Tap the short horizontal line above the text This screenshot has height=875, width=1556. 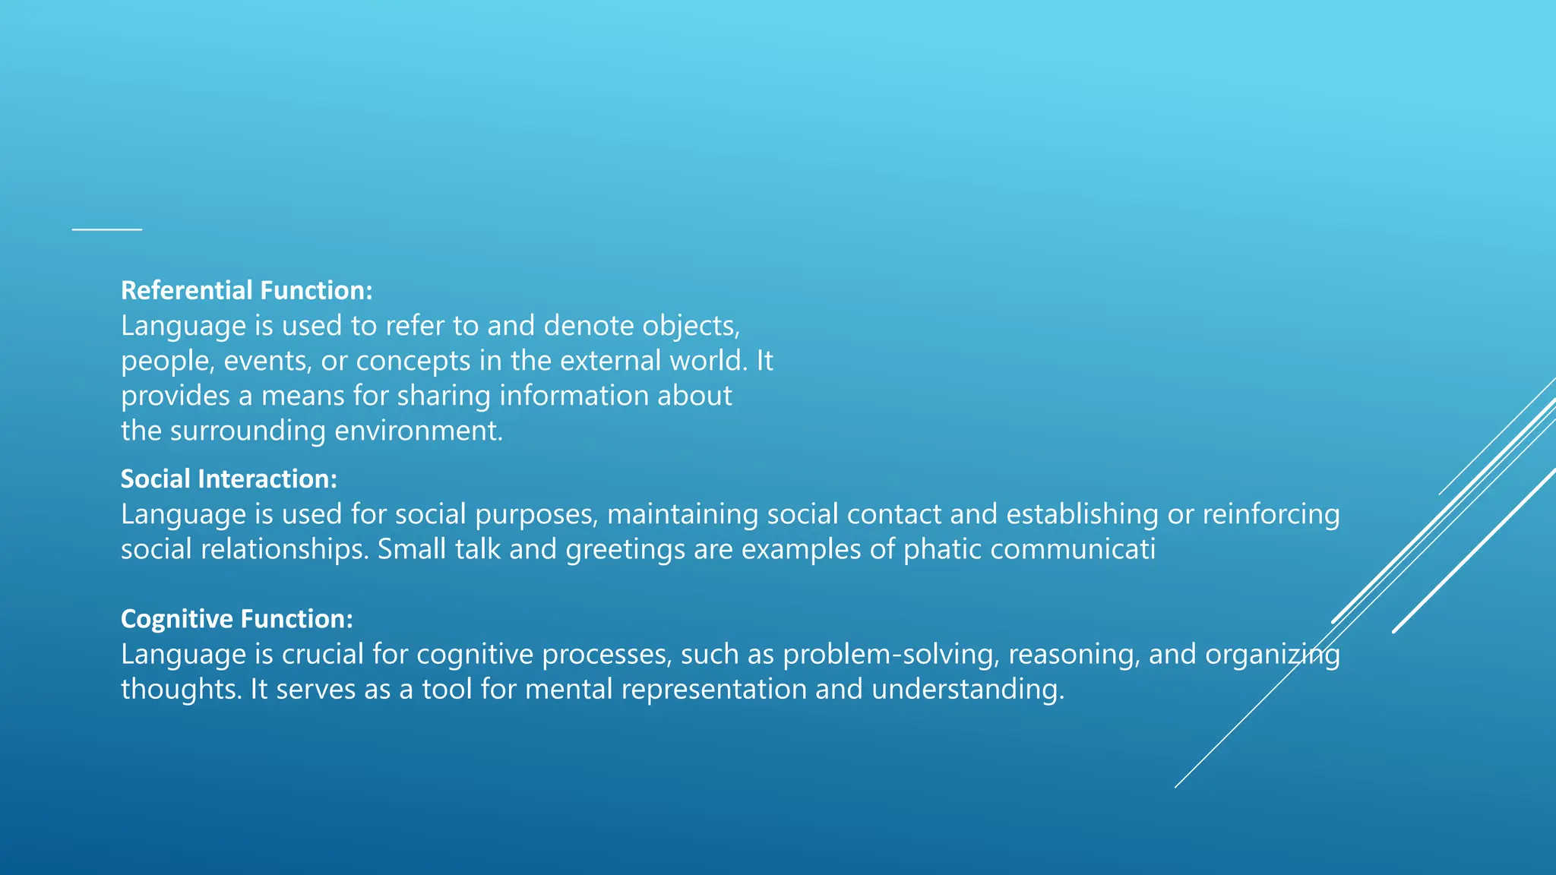point(107,229)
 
